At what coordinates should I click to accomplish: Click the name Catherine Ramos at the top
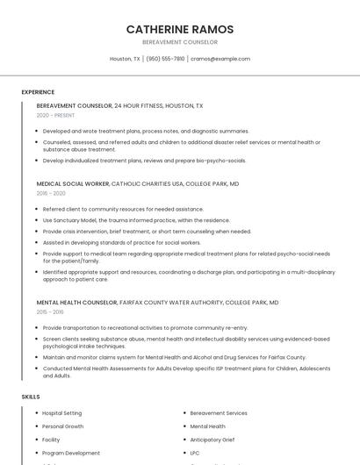pos(180,29)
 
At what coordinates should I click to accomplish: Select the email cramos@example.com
pos(220,59)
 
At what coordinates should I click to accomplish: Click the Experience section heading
pos(38,92)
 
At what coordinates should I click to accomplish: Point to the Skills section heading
pos(31,397)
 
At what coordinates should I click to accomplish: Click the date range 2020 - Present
pos(55,115)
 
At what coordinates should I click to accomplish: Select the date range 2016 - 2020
pos(51,193)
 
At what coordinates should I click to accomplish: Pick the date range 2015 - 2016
pos(50,311)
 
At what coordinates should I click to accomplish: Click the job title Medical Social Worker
pos(73,184)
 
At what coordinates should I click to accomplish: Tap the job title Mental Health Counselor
pos(76,303)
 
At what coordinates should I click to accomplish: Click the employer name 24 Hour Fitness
pos(141,106)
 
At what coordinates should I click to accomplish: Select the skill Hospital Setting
pos(62,413)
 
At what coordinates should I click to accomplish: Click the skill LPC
pos(196,453)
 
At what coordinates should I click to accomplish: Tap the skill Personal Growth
pos(63,426)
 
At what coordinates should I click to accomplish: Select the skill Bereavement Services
pos(219,413)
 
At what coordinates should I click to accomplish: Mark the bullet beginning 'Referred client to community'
pos(123,210)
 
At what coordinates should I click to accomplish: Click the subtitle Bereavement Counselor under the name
pos(180,42)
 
